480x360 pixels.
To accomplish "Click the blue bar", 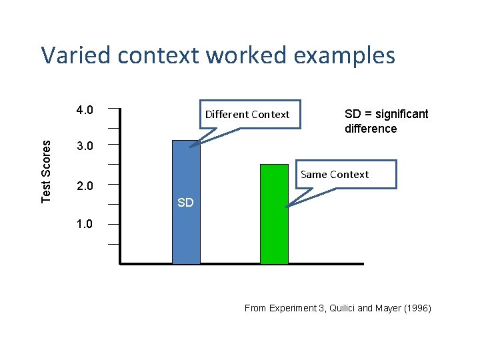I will coord(186,203).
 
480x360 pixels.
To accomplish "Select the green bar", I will coord(274,214).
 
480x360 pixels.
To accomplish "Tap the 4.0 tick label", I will coord(84,109).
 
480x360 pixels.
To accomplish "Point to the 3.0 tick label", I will coord(84,146).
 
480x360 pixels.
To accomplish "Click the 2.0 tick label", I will coord(84,185).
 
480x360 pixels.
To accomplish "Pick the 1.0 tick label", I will coord(84,224).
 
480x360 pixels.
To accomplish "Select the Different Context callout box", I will coord(247,114).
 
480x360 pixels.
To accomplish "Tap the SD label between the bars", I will coord(185,203).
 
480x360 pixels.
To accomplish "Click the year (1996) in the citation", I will coord(417,308).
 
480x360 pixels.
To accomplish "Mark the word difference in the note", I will coord(370,129).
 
